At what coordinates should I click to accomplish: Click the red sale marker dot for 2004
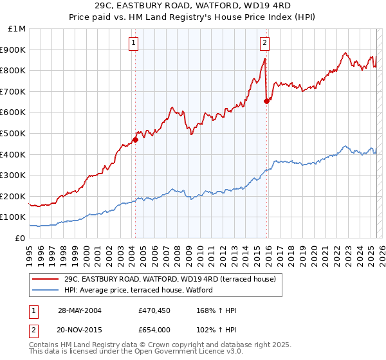136,139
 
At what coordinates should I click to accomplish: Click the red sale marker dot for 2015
266,101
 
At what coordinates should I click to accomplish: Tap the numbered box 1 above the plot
133,44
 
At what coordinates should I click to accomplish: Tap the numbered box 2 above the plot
264,44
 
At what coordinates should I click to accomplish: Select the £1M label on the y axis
17,28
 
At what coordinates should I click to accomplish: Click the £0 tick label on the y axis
21,238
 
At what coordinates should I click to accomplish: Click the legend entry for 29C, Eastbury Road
170,279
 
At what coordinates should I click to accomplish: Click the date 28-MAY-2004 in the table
79,310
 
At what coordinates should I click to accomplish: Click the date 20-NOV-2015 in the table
79,328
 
